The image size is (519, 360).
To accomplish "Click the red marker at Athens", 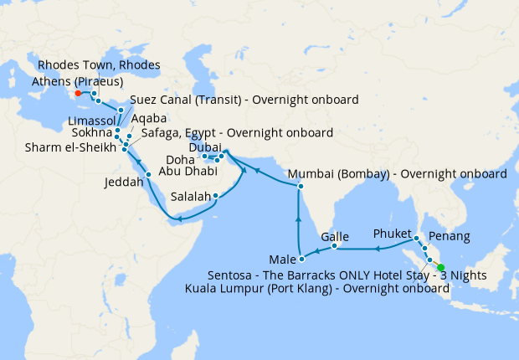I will pos(78,94).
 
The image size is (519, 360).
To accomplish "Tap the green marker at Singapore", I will pos(441,268).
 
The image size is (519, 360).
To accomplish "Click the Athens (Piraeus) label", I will pos(77,81).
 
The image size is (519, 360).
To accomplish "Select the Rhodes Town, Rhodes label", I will pos(100,65).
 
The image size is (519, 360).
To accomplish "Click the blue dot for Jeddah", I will pos(149,174).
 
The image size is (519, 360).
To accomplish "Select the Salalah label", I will pos(190,197).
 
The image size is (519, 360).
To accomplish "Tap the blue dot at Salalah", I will pos(216,197).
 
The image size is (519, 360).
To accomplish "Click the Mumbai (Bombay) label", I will pos(397,175).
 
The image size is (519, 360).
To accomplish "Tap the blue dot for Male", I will pos(299,255).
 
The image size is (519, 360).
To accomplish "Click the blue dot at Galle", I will pos(335,246).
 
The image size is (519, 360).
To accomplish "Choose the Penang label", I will pos(448,237).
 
